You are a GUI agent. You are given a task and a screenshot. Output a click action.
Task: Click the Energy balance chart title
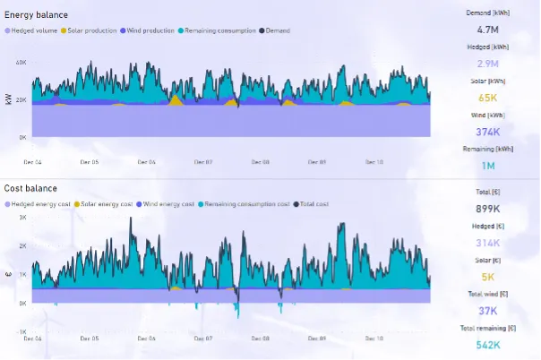(36, 15)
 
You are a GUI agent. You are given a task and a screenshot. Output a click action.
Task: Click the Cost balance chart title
(30, 188)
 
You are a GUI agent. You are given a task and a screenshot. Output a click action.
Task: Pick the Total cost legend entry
(310, 204)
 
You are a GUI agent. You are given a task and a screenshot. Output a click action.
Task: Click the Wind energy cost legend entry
(167, 204)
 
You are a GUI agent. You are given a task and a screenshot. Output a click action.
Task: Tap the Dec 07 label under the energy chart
(203, 162)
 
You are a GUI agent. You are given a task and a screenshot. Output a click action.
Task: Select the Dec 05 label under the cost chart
(90, 339)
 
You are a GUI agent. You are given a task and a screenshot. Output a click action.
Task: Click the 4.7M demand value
(487, 29)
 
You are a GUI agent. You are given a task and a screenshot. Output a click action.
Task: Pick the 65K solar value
(487, 98)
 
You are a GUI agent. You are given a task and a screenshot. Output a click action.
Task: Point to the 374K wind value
(487, 132)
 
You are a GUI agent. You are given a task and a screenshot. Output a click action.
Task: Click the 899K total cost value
(487, 208)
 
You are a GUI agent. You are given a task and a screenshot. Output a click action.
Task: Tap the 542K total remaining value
(487, 345)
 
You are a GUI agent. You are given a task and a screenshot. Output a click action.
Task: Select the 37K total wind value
(487, 311)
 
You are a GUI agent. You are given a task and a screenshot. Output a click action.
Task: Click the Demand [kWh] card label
(487, 13)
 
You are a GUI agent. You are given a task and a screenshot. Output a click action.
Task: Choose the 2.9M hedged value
(487, 64)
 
